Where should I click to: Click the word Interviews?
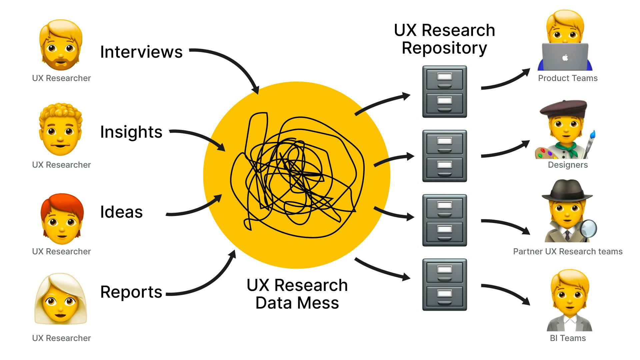click(141, 52)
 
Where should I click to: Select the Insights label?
click(131, 132)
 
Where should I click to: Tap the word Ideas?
click(121, 212)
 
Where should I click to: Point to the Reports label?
click(131, 292)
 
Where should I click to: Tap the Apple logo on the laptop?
click(565, 58)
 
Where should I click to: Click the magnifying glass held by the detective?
click(588, 228)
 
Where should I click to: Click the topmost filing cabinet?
click(444, 91)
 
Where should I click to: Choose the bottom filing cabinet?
click(444, 284)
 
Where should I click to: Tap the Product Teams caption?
click(568, 78)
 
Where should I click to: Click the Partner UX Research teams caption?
click(568, 252)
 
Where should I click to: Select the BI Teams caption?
click(568, 338)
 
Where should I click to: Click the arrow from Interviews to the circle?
click(233, 62)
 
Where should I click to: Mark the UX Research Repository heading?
click(444, 39)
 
